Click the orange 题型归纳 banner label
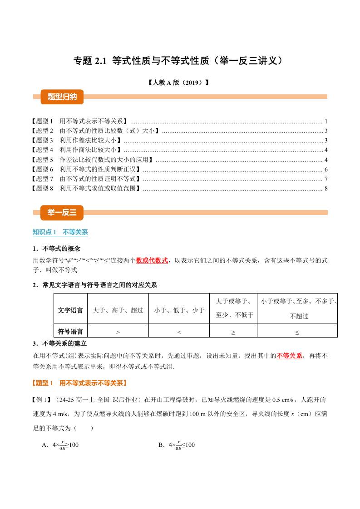(59, 96)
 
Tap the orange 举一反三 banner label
(59, 212)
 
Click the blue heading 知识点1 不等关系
(60, 232)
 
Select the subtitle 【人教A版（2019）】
(180, 83)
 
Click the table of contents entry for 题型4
(77, 150)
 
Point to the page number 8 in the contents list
(326, 189)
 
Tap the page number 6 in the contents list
(326, 169)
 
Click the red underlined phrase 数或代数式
(152, 260)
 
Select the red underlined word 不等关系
(289, 356)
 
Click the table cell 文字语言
(70, 310)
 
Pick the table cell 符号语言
(70, 331)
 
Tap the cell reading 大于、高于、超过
(118, 310)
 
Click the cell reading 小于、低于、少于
(179, 310)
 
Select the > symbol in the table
(118, 332)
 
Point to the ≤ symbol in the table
(297, 332)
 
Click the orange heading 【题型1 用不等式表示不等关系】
(79, 383)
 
